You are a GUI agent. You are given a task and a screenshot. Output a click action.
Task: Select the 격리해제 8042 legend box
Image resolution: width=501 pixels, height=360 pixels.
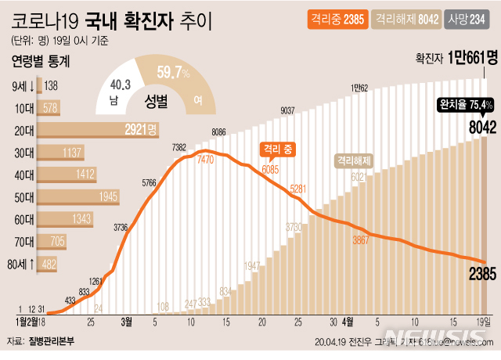point(405,16)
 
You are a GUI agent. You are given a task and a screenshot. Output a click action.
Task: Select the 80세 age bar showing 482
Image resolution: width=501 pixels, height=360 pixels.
point(49,265)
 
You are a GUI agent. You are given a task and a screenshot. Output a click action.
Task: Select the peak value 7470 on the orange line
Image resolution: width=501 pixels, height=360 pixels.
point(206,159)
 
